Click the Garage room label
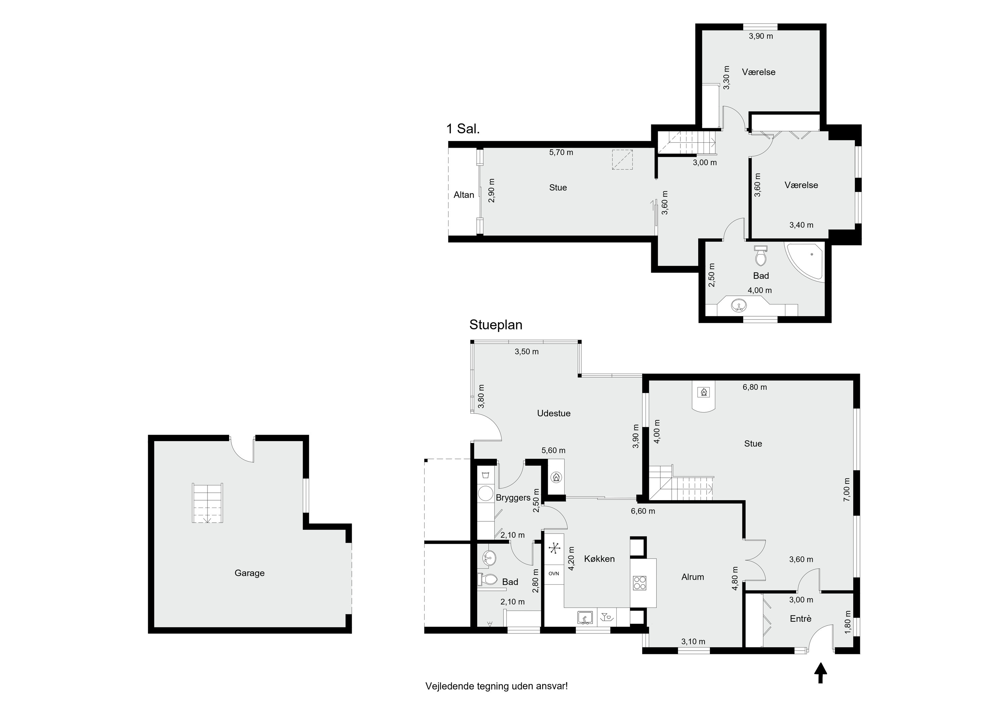[x=249, y=573]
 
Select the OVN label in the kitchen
[x=554, y=573]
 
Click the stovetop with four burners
[x=639, y=582]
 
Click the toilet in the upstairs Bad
[x=761, y=256]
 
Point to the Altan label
[x=464, y=195]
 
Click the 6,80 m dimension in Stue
[x=755, y=387]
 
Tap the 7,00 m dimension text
[x=847, y=489]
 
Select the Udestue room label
[x=554, y=413]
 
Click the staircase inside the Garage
[x=207, y=503]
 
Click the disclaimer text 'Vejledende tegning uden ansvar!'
[x=496, y=686]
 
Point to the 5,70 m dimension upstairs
[x=561, y=153]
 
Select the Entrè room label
[x=801, y=619]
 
